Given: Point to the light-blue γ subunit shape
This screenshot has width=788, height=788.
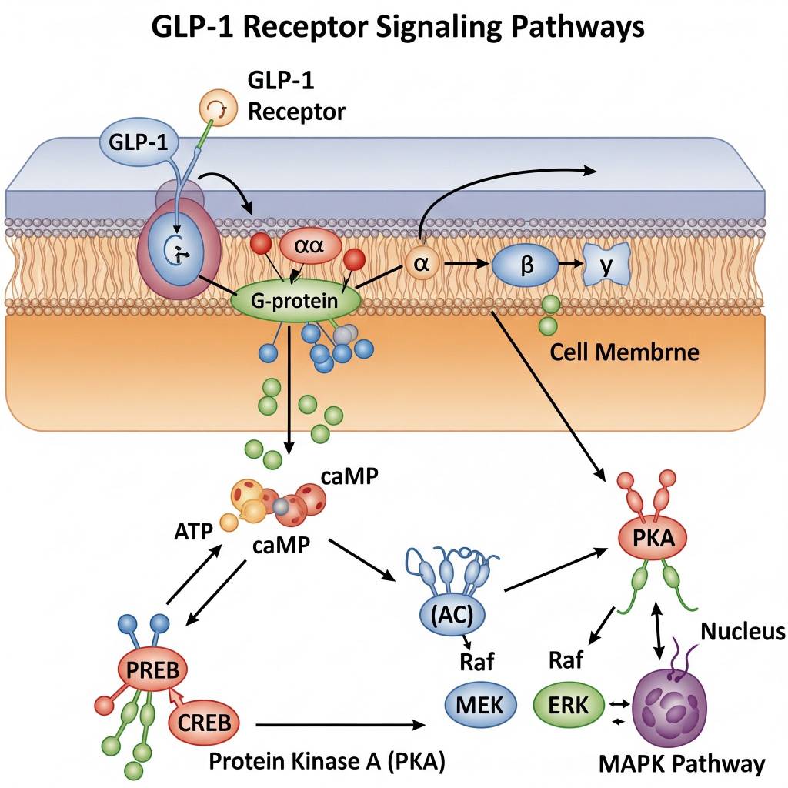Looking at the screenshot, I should coord(606,265).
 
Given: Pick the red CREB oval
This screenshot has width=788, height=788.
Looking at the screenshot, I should coord(204,723).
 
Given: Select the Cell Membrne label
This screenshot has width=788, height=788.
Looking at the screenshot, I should coord(625,353).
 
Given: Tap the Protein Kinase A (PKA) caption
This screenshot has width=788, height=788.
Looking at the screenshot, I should coord(328,761).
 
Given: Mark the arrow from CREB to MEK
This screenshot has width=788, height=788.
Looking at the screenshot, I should coord(342,724).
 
